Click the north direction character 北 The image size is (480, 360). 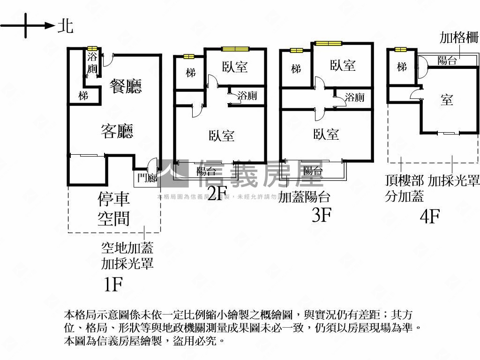(65, 26)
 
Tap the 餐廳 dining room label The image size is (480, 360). (126, 86)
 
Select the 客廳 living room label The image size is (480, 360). (117, 131)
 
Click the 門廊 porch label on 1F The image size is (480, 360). (147, 178)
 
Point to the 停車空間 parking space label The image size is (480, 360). (114, 209)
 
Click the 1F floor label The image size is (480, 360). (112, 284)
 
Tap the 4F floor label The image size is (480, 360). (429, 217)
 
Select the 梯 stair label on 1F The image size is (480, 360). (83, 96)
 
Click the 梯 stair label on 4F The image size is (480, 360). (402, 67)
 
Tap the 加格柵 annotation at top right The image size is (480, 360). (459, 38)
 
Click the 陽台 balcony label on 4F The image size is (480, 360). (447, 60)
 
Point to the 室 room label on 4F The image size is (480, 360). (446, 99)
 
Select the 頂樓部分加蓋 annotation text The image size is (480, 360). (404, 188)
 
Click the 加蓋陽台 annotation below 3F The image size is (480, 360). (304, 197)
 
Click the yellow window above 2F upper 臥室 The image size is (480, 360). (235, 48)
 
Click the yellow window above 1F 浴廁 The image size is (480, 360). (92, 48)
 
